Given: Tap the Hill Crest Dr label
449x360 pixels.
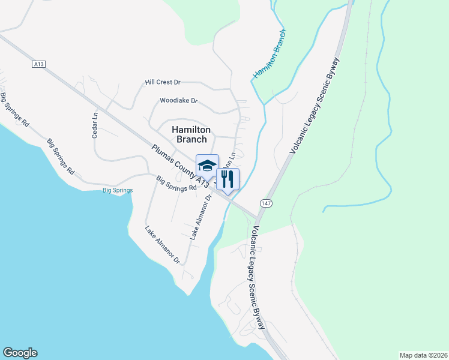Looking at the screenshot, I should [x=163, y=82].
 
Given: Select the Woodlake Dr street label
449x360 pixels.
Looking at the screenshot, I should [x=178, y=101].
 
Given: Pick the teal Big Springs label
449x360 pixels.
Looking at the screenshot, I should [x=117, y=190].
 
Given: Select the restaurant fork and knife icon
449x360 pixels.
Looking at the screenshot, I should [x=227, y=178].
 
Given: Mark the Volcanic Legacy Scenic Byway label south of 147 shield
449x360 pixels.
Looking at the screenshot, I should [x=257, y=278].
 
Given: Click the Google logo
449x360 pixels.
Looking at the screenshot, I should [x=20, y=353].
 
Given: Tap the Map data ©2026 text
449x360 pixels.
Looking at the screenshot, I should [x=423, y=355].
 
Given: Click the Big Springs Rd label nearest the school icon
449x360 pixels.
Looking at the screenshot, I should [x=176, y=183].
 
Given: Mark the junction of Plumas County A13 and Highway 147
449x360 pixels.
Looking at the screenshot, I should [x=258, y=217].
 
